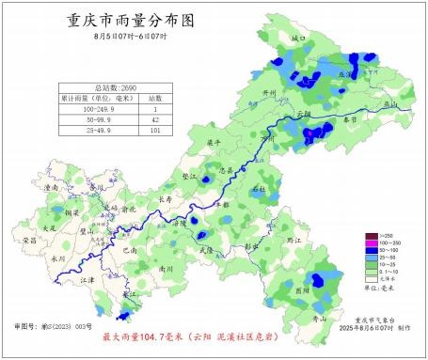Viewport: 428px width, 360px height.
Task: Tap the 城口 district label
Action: [299, 39]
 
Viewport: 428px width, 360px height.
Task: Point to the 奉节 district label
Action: [349, 120]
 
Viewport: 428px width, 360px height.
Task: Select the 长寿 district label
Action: [165, 199]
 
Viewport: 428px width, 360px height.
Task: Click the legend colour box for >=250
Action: [371, 235]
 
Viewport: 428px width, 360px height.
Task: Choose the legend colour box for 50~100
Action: [371, 250]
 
